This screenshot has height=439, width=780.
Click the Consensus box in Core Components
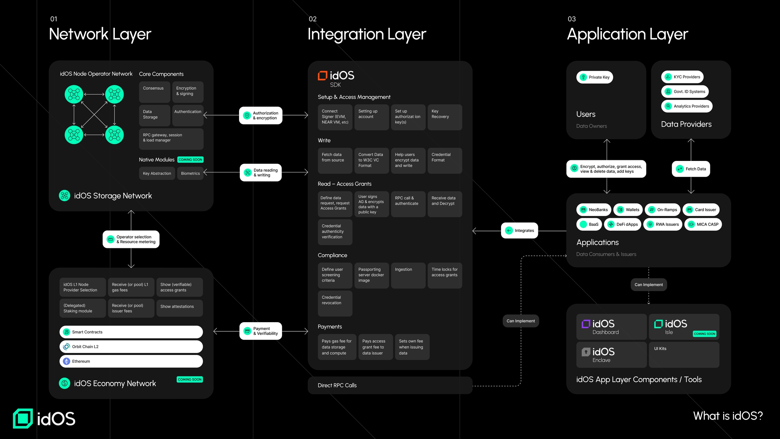tap(154, 92)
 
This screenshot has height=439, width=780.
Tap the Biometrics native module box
tap(190, 173)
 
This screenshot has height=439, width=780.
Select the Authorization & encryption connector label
tap(260, 116)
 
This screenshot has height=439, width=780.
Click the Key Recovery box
tap(445, 117)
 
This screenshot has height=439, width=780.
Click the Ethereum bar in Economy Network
tap(131, 361)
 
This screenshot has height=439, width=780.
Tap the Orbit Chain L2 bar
tap(131, 347)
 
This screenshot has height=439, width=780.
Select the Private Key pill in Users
tap(594, 77)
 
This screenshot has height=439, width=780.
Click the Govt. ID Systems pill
tap(685, 91)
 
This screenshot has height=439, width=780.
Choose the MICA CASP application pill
tap(703, 224)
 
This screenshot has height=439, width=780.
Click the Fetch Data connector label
tap(691, 169)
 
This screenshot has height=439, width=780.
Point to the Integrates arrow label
tap(519, 230)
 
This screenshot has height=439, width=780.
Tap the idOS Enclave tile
tap(611, 355)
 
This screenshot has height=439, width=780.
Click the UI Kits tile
tap(684, 355)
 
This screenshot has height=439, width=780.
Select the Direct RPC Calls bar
tap(390, 385)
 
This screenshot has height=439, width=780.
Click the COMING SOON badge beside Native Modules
tap(190, 160)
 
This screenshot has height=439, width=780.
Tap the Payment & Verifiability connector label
tap(260, 331)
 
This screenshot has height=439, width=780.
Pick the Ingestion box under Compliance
tap(408, 275)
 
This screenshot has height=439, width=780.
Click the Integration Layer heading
tap(366, 34)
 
